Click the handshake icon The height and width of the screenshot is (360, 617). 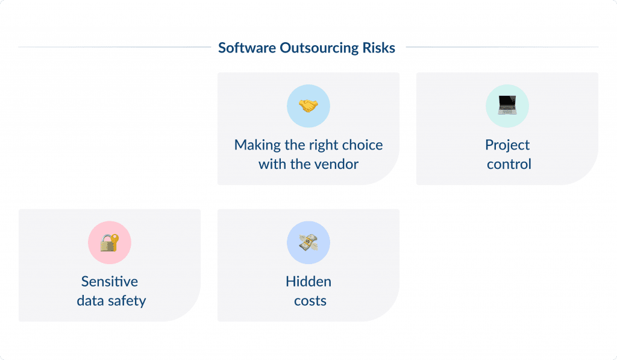pyautogui.click(x=308, y=106)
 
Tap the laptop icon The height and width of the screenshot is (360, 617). pyautogui.click(x=507, y=106)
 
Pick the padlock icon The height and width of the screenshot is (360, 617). pyautogui.click(x=110, y=242)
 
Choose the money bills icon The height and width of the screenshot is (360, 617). pyautogui.click(x=308, y=242)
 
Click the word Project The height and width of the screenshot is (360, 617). pyautogui.click(x=507, y=145)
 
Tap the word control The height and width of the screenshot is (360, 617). pyautogui.click(x=509, y=164)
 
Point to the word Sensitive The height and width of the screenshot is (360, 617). pyautogui.click(x=110, y=282)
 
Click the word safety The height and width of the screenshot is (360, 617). pyautogui.click(x=126, y=300)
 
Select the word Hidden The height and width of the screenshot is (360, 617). pyautogui.click(x=308, y=282)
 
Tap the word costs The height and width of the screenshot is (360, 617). pyautogui.click(x=310, y=300)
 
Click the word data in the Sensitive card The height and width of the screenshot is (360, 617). pyautogui.click(x=89, y=300)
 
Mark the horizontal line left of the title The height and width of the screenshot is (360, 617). pyautogui.click(x=114, y=47)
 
